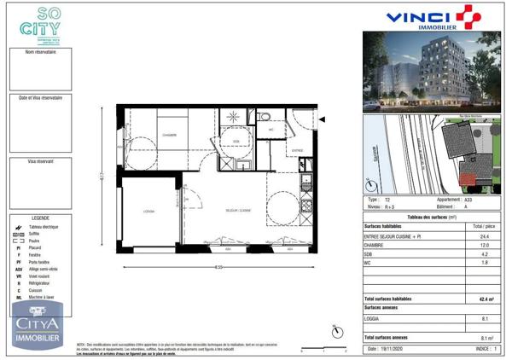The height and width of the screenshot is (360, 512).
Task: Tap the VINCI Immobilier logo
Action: [x=433, y=18]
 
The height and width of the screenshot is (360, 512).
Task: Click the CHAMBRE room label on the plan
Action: [x=169, y=136]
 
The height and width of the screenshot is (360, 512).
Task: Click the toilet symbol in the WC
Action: [x=265, y=118]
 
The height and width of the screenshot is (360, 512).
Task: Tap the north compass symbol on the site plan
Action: [x=371, y=183]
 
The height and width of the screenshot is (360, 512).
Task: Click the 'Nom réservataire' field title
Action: [x=41, y=52]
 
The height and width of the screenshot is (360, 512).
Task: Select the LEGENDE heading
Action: [x=41, y=218]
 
